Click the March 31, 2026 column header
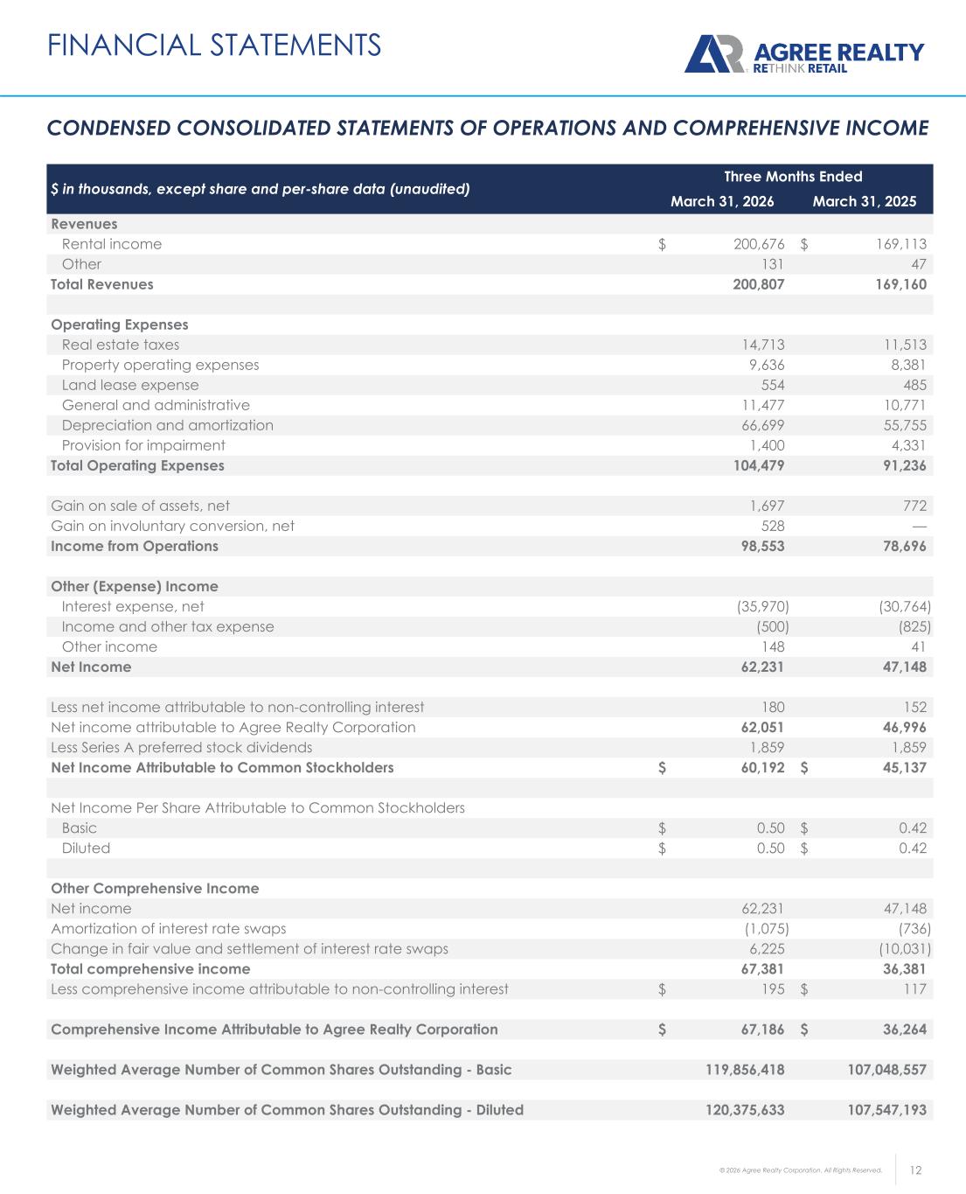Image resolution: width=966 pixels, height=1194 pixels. (x=722, y=202)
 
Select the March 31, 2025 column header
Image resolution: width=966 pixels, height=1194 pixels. (x=865, y=202)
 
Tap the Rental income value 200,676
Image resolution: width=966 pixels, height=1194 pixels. (x=759, y=244)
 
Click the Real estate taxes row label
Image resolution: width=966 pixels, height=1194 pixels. (x=121, y=345)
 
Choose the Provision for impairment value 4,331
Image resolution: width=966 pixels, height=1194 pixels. (x=906, y=445)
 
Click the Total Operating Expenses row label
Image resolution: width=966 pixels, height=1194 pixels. (x=137, y=465)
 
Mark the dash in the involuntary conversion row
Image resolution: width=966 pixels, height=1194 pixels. (x=919, y=526)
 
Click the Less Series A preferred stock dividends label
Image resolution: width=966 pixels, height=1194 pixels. (x=181, y=747)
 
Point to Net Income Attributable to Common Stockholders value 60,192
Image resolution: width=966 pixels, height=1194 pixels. (x=759, y=768)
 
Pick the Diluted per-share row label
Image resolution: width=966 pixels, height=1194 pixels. (x=86, y=848)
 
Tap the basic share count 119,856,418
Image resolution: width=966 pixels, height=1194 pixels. (x=745, y=1069)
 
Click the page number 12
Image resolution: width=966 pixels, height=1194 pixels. (x=916, y=1170)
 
